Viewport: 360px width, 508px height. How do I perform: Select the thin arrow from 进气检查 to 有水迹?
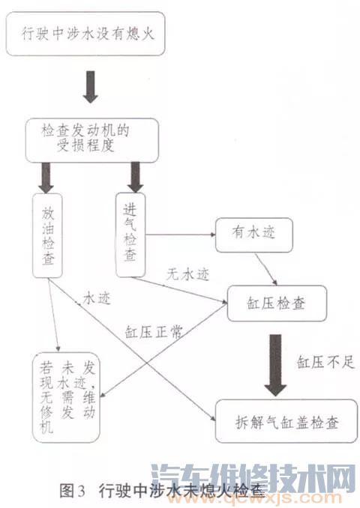[180, 234]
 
